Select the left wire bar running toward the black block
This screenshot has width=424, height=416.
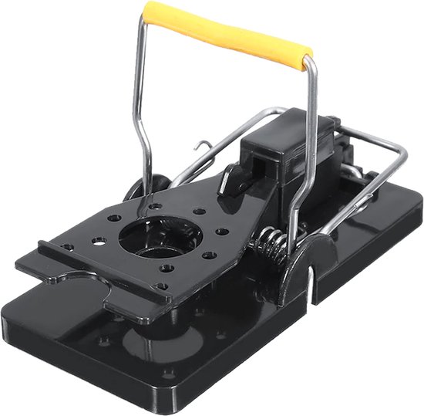(224, 144)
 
